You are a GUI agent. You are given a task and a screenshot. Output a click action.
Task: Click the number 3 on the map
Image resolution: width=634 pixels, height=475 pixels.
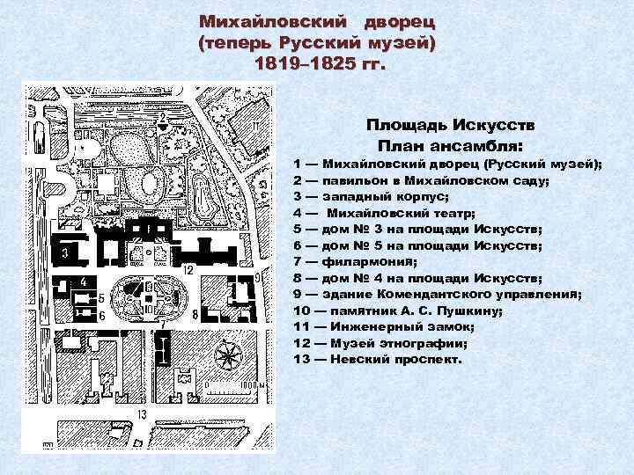click(x=65, y=254)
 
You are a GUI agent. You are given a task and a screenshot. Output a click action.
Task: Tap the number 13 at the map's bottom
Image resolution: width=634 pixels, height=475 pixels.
click(x=141, y=413)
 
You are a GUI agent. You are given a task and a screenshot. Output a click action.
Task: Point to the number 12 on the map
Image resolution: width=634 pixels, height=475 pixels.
click(x=188, y=268)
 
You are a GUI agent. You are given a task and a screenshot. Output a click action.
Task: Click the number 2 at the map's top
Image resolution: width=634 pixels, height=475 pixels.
click(x=162, y=116)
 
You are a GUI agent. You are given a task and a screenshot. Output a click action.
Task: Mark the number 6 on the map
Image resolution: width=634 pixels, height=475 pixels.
click(x=102, y=315)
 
